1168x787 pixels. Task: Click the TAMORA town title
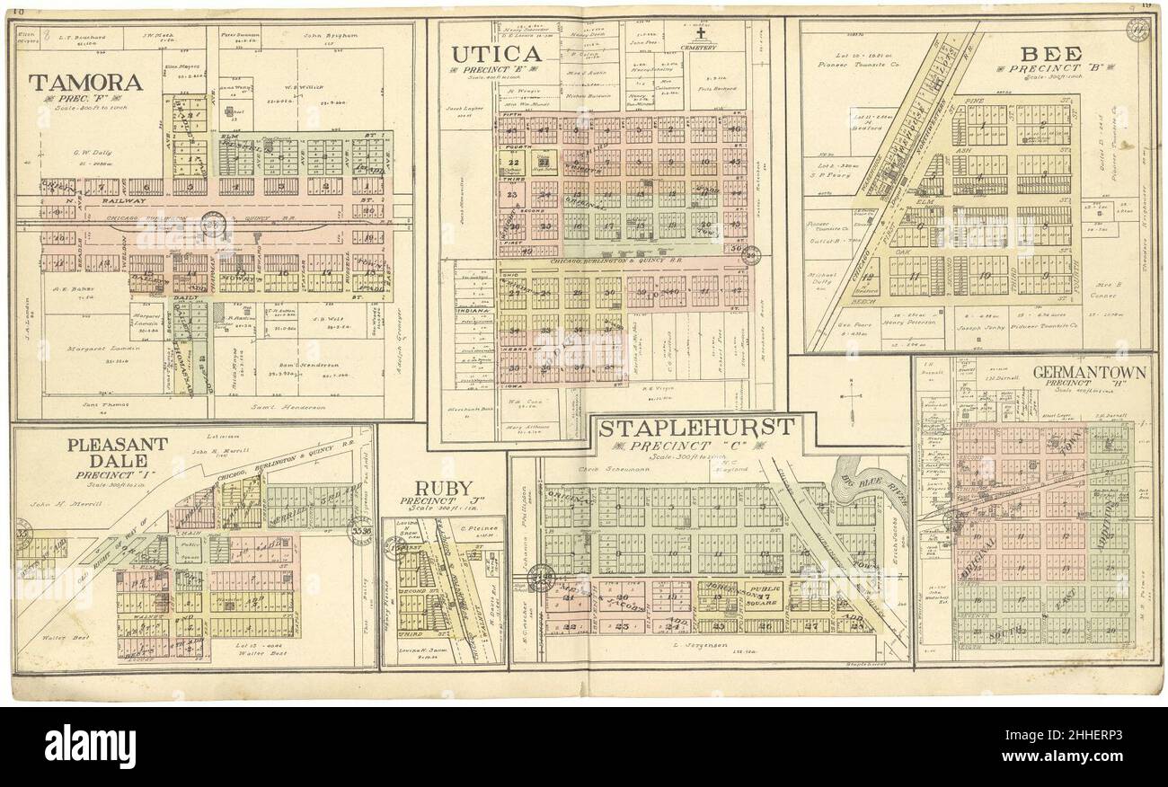(x=85, y=83)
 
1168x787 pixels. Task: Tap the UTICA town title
(x=496, y=54)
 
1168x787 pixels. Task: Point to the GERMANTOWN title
(x=1089, y=371)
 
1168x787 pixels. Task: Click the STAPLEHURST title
(x=696, y=428)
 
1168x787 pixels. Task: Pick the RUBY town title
(x=442, y=488)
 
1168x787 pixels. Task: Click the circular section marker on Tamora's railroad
(x=214, y=222)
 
